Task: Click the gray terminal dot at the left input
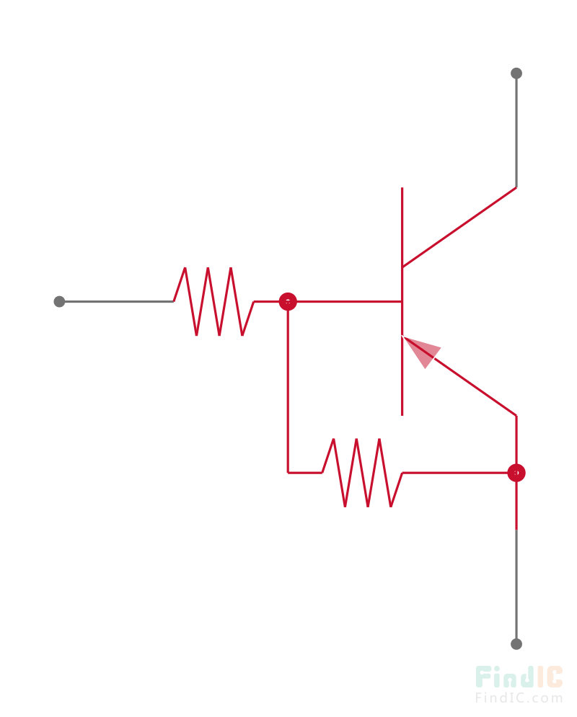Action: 59,301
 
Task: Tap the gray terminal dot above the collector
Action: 516,73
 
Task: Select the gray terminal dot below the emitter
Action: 516,643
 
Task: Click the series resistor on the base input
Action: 213,301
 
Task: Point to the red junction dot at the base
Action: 288,301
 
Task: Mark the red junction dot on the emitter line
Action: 516,473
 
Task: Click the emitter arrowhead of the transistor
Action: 422,350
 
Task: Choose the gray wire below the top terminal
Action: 516,130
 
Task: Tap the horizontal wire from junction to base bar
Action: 346,301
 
